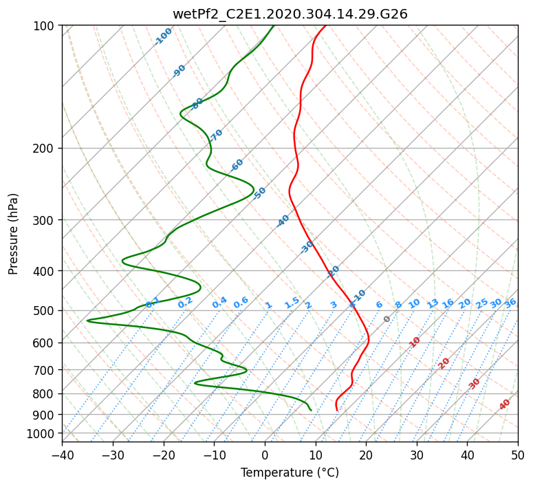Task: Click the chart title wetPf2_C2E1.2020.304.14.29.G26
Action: pos(290,14)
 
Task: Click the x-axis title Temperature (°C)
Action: pos(290,473)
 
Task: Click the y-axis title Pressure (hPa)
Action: pos(14,234)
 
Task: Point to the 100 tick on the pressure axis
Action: pos(44,26)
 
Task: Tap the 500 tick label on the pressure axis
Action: pos(44,311)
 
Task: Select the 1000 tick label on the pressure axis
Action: pos(41,434)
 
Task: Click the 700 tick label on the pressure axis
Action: pos(44,370)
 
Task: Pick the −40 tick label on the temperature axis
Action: pos(62,455)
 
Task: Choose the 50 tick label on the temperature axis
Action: pos(518,455)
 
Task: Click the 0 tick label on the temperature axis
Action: pos(265,455)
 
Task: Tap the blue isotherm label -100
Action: pos(164,36)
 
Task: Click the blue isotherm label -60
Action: pos(237,165)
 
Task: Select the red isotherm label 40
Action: pos(505,404)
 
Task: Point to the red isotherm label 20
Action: pos(444,362)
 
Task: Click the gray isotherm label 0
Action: pos(387,319)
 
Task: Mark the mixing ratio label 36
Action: pos(510,303)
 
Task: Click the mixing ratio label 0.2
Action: pos(185,303)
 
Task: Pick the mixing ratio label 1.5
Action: pos(292,303)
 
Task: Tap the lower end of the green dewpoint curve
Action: pos(311,410)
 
